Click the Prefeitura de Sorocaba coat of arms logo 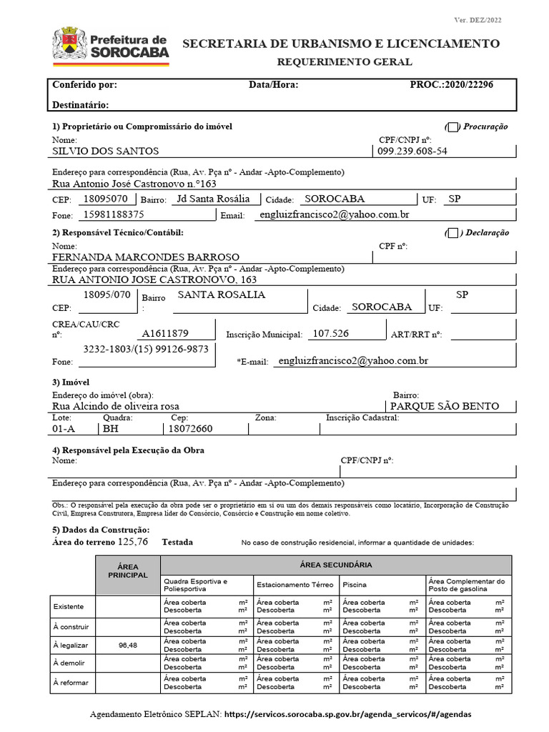tap(69, 44)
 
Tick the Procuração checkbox tap(452, 127)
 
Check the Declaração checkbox tap(452, 232)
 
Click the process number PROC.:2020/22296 tap(451, 84)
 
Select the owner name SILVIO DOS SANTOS tap(106, 152)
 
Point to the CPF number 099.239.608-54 tap(412, 152)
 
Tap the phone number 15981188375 tap(114, 214)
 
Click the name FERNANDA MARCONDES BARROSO tap(147, 257)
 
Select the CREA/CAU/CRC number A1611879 tap(165, 333)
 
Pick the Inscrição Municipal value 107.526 tap(331, 333)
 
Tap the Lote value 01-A tap(64, 429)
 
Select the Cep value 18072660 tap(189, 429)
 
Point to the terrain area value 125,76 tap(133, 542)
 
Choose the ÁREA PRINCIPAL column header tap(127, 570)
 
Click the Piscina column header tap(355, 584)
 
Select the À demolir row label tap(69, 663)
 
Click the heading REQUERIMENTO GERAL tap(345, 62)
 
